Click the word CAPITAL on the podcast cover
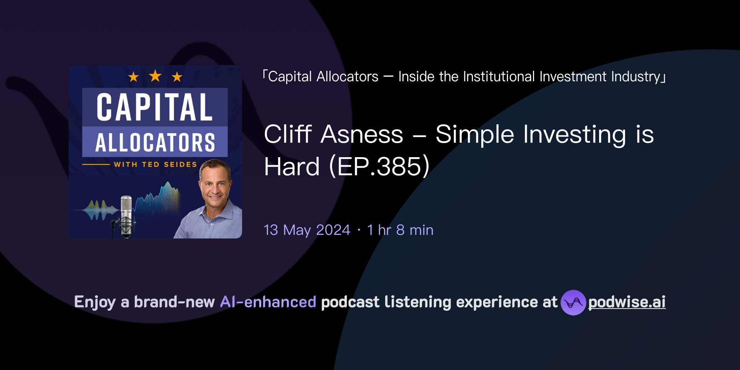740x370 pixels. pos(155,107)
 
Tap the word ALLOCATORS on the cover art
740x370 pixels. pos(155,142)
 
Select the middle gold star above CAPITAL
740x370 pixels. pos(155,76)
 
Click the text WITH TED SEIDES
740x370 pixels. pos(155,164)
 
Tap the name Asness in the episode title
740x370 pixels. pos(362,134)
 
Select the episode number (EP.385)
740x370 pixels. pos(379,167)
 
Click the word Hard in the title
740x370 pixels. pos(292,167)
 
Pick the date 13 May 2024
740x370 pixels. pos(307,230)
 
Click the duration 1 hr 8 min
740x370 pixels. pos(400,230)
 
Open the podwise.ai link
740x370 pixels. pos(627,302)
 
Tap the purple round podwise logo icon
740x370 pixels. pos(573,302)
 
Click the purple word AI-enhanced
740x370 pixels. pos(268,302)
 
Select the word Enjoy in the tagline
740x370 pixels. pos(95,302)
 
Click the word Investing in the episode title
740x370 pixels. pos(575,134)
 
